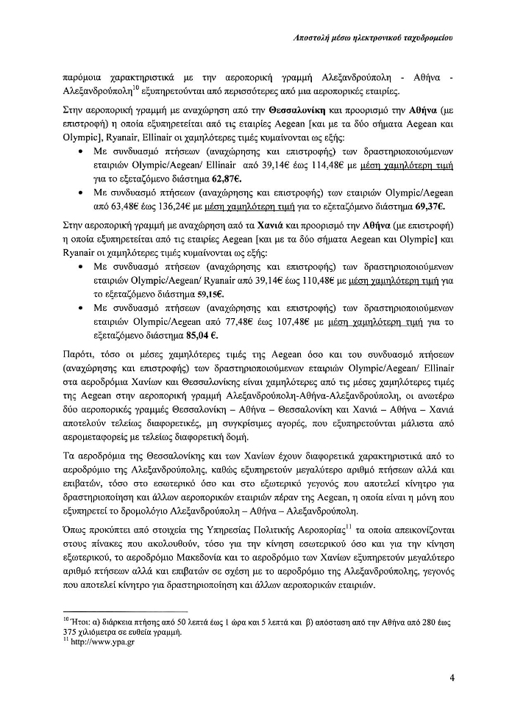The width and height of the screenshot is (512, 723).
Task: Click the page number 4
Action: click(452, 678)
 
